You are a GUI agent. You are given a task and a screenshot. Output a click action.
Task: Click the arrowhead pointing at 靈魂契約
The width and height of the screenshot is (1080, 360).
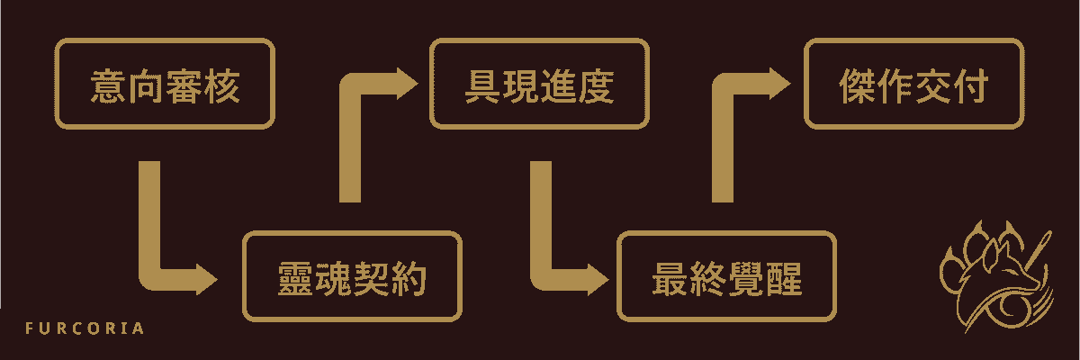[x=207, y=280]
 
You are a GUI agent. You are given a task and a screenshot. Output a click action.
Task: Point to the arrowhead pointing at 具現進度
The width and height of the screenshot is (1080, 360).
[x=408, y=84]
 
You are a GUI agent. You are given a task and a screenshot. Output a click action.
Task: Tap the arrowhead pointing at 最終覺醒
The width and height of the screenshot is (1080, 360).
[x=598, y=280]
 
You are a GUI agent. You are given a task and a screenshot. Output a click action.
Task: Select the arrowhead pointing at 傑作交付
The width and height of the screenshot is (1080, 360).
[x=780, y=84]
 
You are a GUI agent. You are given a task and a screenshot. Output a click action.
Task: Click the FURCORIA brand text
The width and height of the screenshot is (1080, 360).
[x=85, y=328]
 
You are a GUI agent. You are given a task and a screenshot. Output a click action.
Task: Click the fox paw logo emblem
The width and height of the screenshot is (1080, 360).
[x=995, y=276]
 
